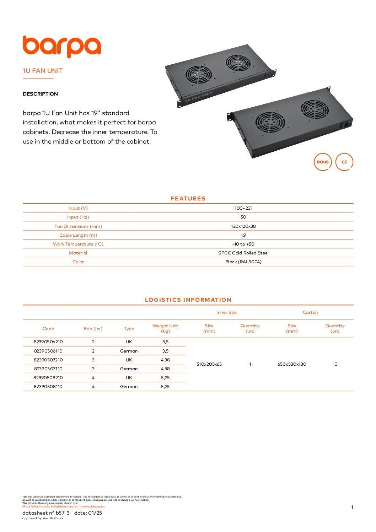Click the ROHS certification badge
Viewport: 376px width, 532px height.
(323, 162)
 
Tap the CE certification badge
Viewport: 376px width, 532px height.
(344, 162)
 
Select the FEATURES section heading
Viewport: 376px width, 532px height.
(188, 199)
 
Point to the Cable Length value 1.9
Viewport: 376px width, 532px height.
(243, 235)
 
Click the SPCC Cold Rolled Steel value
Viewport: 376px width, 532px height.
(243, 253)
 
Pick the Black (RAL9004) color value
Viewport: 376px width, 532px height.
(243, 262)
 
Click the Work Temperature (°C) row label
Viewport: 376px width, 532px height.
(78, 244)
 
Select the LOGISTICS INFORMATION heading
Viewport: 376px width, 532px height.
(188, 300)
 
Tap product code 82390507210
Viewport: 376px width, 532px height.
(48, 360)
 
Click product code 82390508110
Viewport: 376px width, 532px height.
(48, 387)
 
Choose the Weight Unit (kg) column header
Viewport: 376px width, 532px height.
(165, 328)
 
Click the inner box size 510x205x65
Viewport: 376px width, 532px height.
(209, 364)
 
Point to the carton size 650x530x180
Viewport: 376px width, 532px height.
(292, 364)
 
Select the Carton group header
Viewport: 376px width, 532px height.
(310, 312)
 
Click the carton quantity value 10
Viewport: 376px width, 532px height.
(335, 364)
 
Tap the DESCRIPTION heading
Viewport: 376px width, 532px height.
(40, 94)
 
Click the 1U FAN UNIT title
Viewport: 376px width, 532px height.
(43, 71)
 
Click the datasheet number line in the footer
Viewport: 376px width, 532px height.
(62, 513)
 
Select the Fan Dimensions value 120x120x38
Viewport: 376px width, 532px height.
(243, 226)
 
